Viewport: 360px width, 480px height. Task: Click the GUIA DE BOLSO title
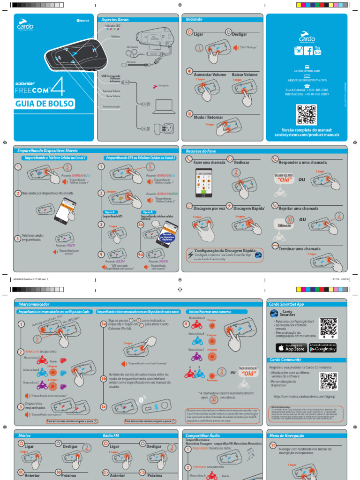[45, 104]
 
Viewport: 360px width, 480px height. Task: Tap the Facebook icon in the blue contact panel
[308, 51]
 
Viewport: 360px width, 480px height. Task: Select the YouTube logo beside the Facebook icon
[318, 51]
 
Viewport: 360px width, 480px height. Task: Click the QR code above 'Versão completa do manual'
[307, 115]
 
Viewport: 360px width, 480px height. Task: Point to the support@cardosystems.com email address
[307, 80]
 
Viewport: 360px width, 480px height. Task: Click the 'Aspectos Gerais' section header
[115, 20]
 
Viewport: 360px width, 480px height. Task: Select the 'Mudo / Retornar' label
[209, 117]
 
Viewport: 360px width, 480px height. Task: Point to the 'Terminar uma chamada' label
[300, 248]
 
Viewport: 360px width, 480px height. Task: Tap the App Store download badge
[291, 348]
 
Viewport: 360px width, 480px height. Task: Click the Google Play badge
[322, 348]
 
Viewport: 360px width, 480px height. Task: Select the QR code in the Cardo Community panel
[328, 381]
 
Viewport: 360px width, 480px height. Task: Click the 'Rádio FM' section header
[111, 435]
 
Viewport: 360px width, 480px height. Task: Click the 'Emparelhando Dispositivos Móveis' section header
[47, 151]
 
